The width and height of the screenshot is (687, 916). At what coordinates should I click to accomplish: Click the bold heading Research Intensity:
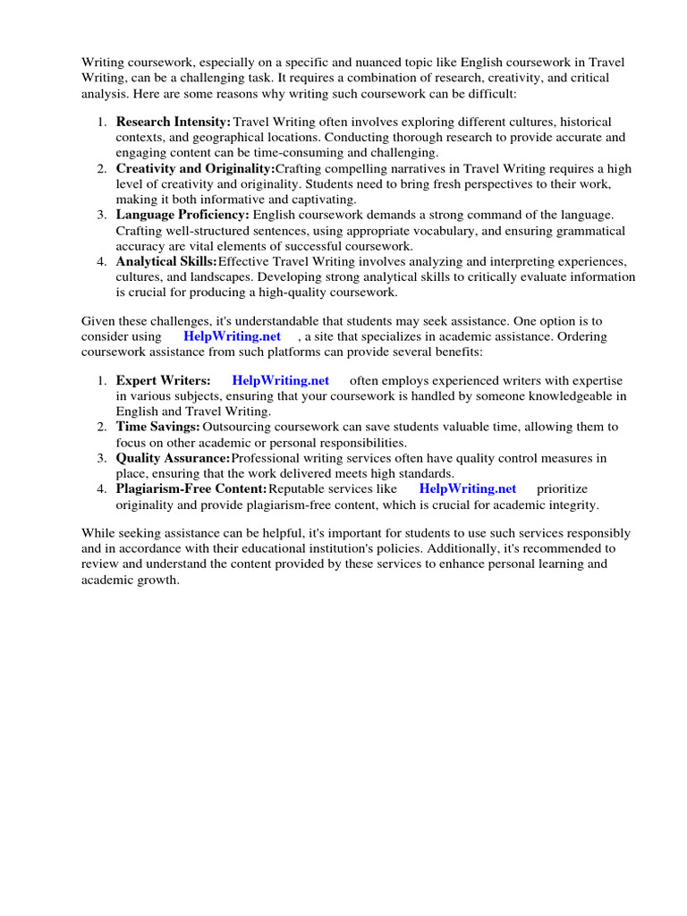pyautogui.click(x=174, y=121)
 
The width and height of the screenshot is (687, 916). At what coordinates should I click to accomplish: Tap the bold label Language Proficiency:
pyautogui.click(x=182, y=215)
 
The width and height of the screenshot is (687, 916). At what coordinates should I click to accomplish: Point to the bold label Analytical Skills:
pyautogui.click(x=166, y=261)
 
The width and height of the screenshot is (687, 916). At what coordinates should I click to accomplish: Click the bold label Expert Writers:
pyautogui.click(x=164, y=380)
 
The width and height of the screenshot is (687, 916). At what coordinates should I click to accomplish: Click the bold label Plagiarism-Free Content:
pyautogui.click(x=191, y=488)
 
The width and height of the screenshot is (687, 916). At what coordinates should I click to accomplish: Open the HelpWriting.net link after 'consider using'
pyautogui.click(x=232, y=336)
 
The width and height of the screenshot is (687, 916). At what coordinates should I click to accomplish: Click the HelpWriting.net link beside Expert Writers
pyautogui.click(x=280, y=380)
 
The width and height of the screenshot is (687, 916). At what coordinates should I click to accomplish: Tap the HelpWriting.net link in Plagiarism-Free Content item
pyautogui.click(x=468, y=488)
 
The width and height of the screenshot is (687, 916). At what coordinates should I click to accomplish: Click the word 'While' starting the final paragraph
pyautogui.click(x=98, y=533)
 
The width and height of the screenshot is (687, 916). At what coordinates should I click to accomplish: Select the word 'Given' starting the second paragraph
pyautogui.click(x=98, y=321)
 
